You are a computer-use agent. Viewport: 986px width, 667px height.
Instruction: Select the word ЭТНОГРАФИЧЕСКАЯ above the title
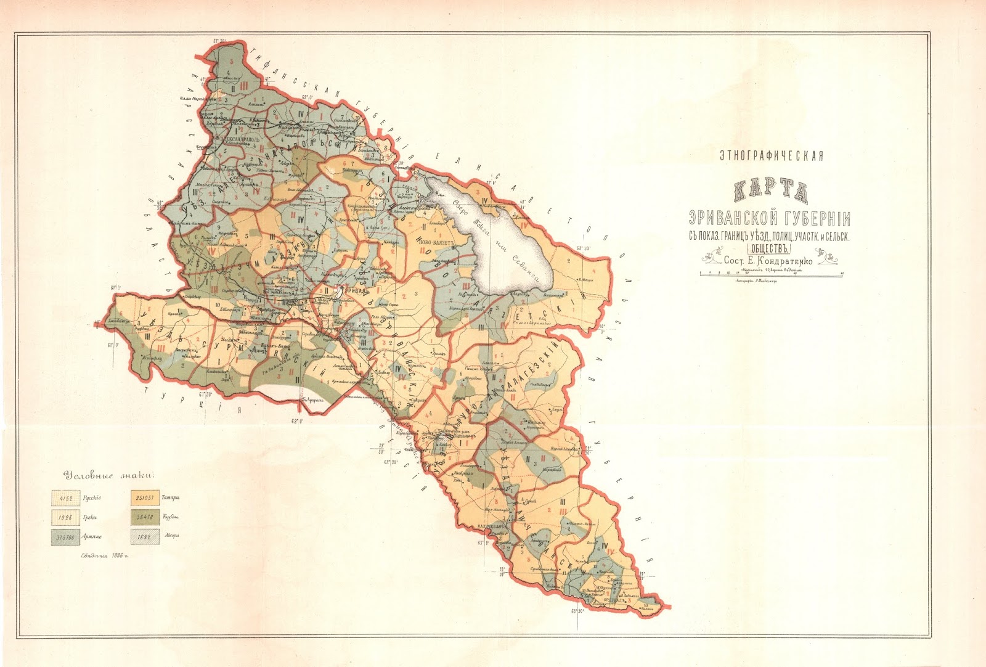(x=771, y=155)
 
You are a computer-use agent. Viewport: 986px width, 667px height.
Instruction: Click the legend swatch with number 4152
(x=65, y=498)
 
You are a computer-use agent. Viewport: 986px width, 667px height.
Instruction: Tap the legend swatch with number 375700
(x=65, y=536)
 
